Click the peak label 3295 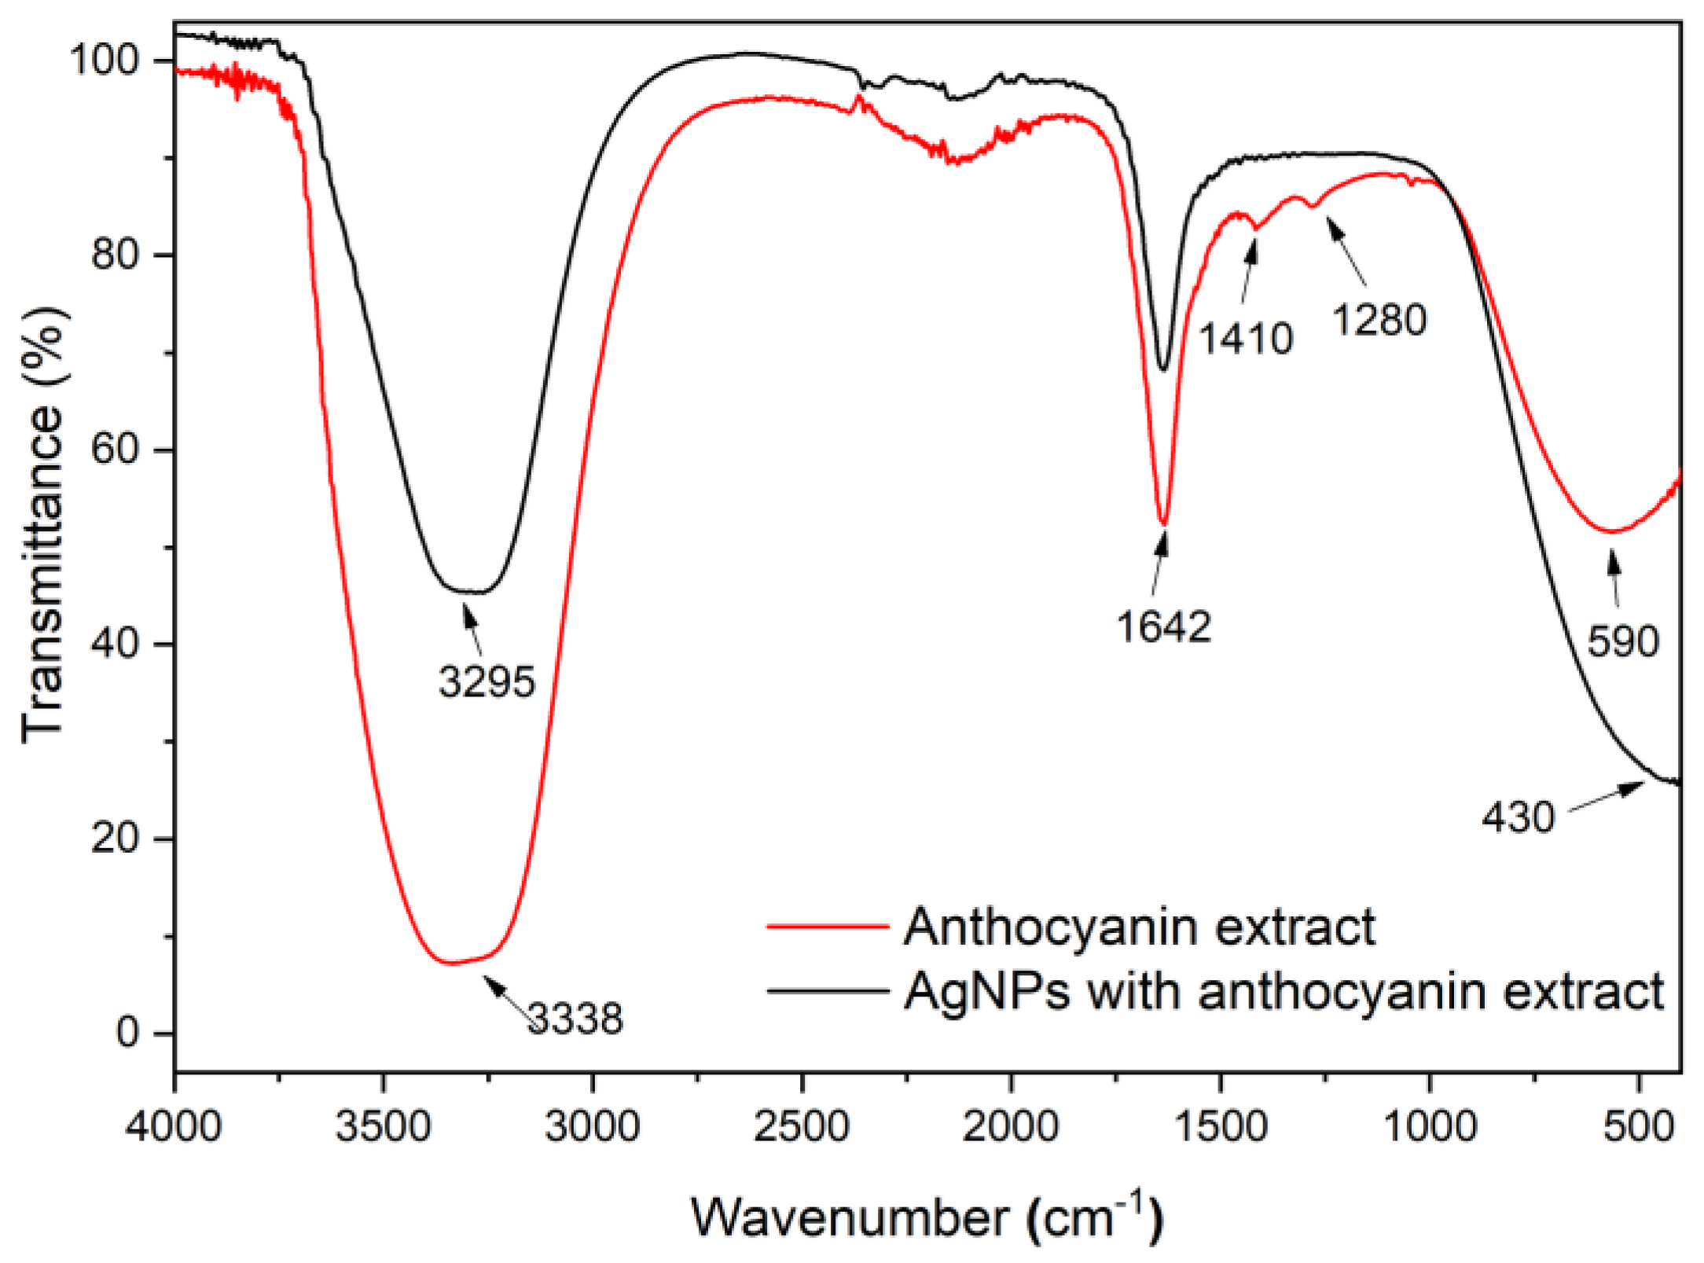pos(487,681)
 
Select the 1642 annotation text pos(1164,627)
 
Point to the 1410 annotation pos(1246,339)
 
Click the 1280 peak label pos(1379,320)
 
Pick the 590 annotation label pos(1622,641)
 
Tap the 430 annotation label pos(1518,817)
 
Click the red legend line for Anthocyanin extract pos(827,927)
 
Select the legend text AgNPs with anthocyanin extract pos(1284,991)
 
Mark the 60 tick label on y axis pos(116,449)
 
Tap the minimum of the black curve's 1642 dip pos(1164,369)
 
